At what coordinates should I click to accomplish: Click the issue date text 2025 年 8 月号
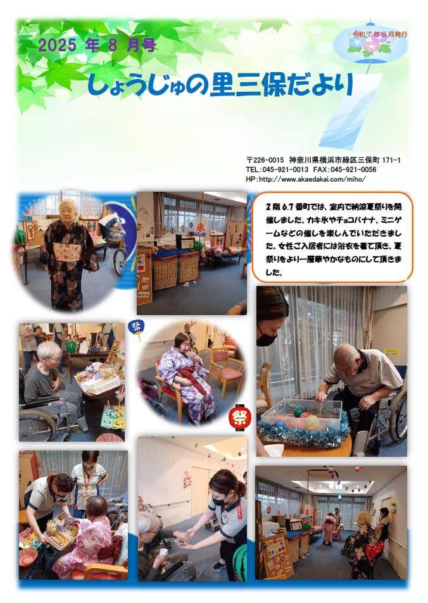point(98,46)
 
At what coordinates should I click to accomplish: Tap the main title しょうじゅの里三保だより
point(220,85)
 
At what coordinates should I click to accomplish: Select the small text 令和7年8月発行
point(379,34)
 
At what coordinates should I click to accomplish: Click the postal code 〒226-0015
point(265,160)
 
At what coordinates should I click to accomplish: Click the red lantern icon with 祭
point(240,417)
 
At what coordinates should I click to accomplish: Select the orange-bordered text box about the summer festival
point(332,238)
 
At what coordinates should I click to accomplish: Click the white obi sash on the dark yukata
point(67,251)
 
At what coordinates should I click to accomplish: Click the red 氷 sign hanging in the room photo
point(200,228)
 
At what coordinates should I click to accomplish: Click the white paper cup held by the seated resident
point(163,552)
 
